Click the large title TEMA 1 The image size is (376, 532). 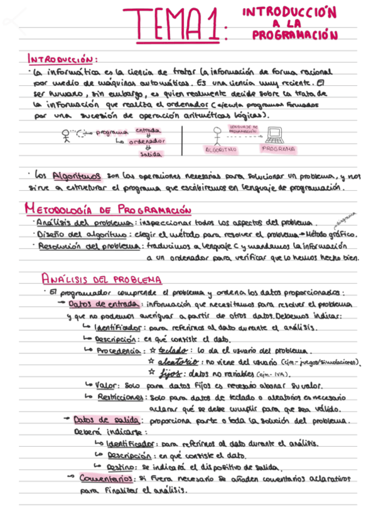click(171, 26)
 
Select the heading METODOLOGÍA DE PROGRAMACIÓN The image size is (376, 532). click(107, 209)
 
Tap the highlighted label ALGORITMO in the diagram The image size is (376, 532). click(220, 150)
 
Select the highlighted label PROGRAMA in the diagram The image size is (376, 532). click(278, 149)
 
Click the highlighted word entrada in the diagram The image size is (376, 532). click(148, 130)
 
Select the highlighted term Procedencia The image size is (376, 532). click(119, 351)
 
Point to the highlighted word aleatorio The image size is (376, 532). click(178, 362)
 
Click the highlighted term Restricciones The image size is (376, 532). click(122, 397)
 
